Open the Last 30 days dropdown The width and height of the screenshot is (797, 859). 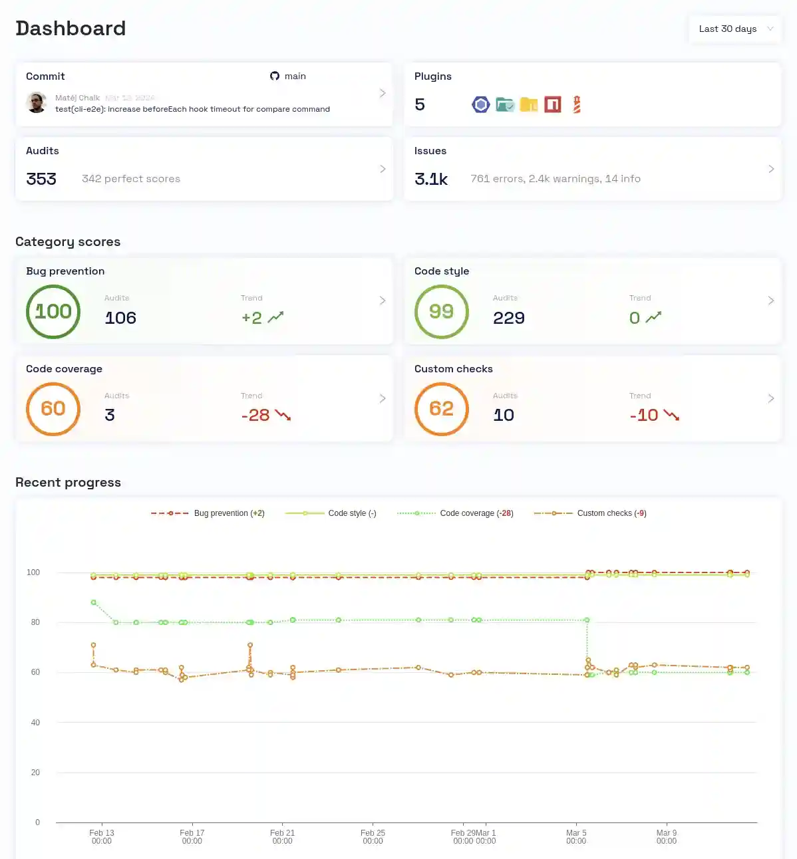(x=735, y=29)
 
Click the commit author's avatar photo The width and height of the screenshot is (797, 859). (x=37, y=102)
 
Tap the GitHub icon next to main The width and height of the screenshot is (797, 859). (x=275, y=76)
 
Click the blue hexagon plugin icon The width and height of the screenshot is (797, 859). (x=481, y=104)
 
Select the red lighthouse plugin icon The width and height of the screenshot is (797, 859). (x=577, y=104)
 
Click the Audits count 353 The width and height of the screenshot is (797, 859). (x=41, y=179)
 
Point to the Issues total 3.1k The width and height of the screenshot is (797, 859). (x=431, y=179)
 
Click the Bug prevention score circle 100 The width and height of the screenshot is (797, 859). (x=53, y=311)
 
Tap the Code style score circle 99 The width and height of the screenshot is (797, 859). (x=442, y=311)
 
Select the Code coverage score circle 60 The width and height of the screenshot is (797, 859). (x=53, y=409)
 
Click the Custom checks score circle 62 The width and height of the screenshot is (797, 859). (x=442, y=409)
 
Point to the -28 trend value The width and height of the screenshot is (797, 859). (x=255, y=416)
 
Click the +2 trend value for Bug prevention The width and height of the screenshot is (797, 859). (x=251, y=318)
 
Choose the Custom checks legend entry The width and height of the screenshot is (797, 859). (x=590, y=513)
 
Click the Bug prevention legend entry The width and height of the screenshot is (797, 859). (x=208, y=513)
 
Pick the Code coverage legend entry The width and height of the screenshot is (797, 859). (x=455, y=513)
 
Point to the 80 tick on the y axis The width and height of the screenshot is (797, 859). (x=35, y=622)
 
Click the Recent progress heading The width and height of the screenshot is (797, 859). (x=68, y=483)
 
